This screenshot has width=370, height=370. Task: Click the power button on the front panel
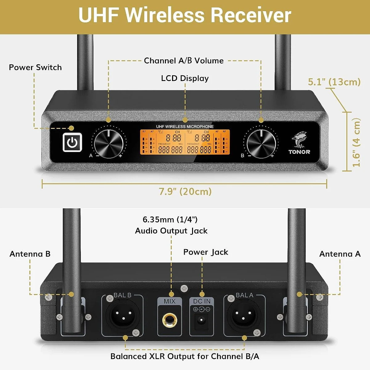tap(72, 142)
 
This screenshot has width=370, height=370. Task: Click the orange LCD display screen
tap(185, 142)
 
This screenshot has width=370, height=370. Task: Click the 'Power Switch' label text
tap(35, 68)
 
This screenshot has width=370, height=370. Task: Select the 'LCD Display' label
tap(185, 78)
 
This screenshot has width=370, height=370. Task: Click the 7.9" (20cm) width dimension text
tap(185, 191)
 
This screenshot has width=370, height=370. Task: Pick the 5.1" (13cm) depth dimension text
tap(334, 82)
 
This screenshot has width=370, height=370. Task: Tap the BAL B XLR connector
tap(122, 315)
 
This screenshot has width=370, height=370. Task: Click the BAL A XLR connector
tap(244, 315)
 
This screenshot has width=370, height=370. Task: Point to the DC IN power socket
tap(202, 321)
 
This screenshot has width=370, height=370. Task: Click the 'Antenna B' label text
tap(30, 254)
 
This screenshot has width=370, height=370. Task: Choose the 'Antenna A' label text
tap(340, 254)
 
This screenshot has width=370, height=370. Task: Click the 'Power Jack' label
tap(206, 252)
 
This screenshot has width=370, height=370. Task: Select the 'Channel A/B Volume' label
tap(184, 61)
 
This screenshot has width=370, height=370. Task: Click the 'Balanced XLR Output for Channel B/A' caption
tap(185, 356)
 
